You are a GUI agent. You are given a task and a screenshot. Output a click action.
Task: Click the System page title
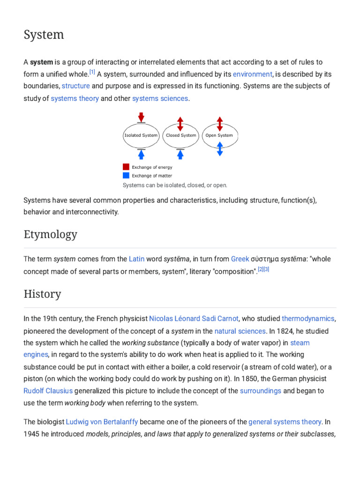coord(44,35)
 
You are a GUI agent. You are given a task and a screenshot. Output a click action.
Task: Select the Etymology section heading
coord(50,235)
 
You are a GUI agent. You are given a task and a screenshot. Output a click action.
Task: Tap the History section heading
coord(42,294)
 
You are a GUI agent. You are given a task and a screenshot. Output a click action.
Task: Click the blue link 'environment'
coord(252,74)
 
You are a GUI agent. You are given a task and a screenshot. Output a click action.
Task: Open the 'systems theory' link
coord(75,98)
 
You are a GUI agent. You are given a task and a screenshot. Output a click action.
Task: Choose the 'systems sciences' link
coord(160,98)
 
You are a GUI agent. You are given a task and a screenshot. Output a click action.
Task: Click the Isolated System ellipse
coord(141,135)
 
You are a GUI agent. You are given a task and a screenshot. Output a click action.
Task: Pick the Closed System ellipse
coord(180,135)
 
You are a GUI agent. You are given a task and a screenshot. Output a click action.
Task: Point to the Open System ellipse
coord(219,135)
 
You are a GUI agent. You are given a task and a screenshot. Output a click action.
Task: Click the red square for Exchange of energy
coord(126,167)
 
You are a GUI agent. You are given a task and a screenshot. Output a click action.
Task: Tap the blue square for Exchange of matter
coord(126,175)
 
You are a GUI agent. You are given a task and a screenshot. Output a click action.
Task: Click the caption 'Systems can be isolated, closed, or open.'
coord(175,185)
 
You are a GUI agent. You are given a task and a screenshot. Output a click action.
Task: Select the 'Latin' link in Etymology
coord(136,259)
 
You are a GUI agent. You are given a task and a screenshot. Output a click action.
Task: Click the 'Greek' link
coord(240,259)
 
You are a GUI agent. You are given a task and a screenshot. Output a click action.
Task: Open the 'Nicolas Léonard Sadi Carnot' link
coord(194,319)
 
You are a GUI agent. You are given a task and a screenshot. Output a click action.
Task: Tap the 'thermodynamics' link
coord(308,319)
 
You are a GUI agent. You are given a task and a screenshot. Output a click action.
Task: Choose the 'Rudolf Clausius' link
coord(48,390)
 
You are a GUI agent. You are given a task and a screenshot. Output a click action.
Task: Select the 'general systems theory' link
coord(285,422)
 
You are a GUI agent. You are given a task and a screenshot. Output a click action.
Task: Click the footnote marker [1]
coord(92,72)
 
